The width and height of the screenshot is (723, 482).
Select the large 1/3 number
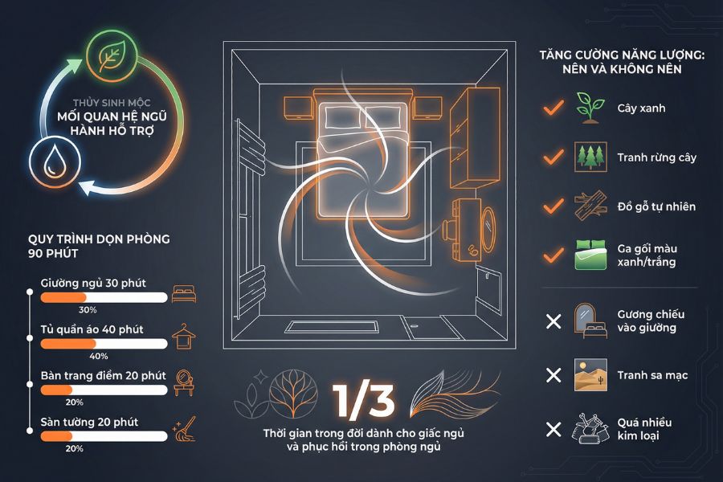(364, 401)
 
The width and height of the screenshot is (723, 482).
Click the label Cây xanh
(641, 108)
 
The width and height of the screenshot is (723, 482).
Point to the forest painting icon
(590, 157)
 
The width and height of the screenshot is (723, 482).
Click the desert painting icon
(590, 375)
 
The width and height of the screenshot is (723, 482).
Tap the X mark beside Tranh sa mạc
(553, 375)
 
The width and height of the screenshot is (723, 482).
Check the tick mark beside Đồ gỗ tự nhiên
(553, 206)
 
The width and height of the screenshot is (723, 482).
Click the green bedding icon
(590, 255)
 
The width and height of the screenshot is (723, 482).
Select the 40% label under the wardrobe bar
(99, 356)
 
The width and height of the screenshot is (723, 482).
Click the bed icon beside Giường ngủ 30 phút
(184, 294)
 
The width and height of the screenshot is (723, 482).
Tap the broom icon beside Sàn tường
(185, 429)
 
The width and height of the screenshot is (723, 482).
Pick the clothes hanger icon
(184, 337)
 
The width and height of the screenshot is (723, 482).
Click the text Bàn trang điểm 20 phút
(104, 376)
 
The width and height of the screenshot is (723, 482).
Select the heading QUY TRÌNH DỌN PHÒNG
(99, 239)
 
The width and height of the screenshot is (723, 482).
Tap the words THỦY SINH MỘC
(112, 102)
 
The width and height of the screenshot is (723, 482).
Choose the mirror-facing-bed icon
(590, 321)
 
